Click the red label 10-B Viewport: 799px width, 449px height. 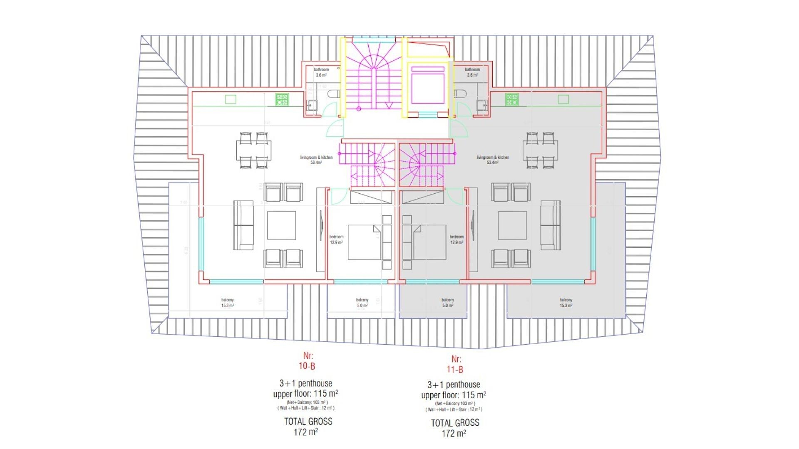click(x=307, y=366)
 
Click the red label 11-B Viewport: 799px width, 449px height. click(x=455, y=370)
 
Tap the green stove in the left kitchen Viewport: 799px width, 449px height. click(x=282, y=100)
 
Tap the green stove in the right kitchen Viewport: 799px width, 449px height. click(x=512, y=100)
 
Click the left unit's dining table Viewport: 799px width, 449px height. click(x=254, y=150)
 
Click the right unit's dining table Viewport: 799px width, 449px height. click(x=540, y=150)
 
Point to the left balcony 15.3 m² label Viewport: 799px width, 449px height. click(x=228, y=303)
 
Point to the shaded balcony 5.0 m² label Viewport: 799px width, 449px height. click(x=447, y=303)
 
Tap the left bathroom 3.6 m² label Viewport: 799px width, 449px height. click(x=321, y=72)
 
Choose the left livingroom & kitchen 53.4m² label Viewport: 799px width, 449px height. click(x=316, y=160)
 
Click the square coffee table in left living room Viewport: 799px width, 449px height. click(x=282, y=225)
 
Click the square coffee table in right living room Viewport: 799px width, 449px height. click(x=513, y=225)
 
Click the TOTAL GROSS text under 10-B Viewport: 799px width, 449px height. click(x=308, y=422)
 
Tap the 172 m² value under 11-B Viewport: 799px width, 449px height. click(x=454, y=434)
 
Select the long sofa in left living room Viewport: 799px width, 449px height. click(x=243, y=225)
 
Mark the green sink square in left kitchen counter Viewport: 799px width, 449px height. click(x=231, y=99)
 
